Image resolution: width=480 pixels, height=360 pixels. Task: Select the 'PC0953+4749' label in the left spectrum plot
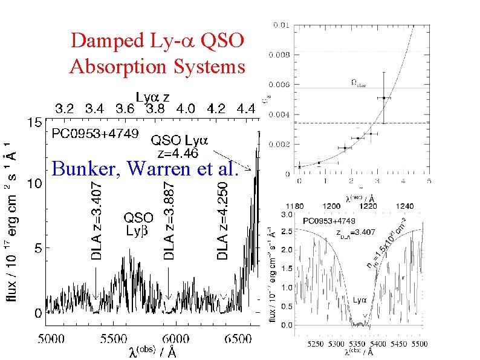94,133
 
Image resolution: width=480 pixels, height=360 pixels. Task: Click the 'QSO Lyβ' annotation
138,224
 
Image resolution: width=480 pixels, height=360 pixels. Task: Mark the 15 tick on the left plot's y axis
34,122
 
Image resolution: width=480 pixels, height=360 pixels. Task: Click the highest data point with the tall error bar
383,97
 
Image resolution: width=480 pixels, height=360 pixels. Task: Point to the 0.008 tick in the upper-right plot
281,54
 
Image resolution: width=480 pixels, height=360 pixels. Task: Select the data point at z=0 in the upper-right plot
299,167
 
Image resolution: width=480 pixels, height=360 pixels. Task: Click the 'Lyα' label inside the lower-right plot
360,299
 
